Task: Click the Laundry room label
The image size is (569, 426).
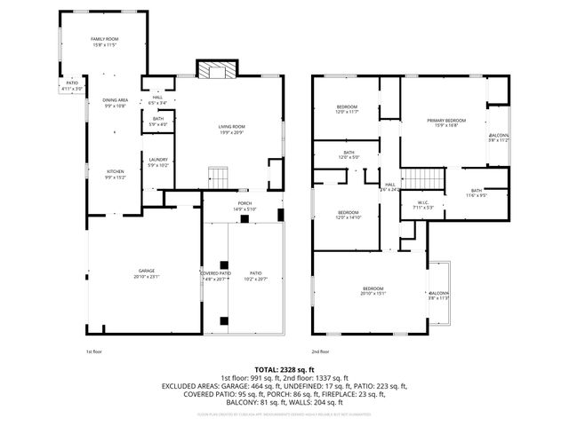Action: (x=158, y=162)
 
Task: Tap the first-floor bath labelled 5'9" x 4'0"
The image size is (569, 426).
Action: (x=158, y=122)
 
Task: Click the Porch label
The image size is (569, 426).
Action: (x=244, y=206)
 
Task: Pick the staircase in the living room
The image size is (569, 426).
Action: (x=219, y=181)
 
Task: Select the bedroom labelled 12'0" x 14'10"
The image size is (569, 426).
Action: (x=348, y=215)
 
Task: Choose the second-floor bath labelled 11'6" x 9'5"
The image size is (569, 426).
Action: (x=477, y=193)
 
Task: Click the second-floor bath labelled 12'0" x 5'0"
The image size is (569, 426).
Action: (x=349, y=155)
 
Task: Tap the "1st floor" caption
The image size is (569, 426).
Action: (x=94, y=352)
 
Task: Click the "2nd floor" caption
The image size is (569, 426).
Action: (x=322, y=352)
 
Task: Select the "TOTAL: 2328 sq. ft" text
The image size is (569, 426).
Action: (x=284, y=369)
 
